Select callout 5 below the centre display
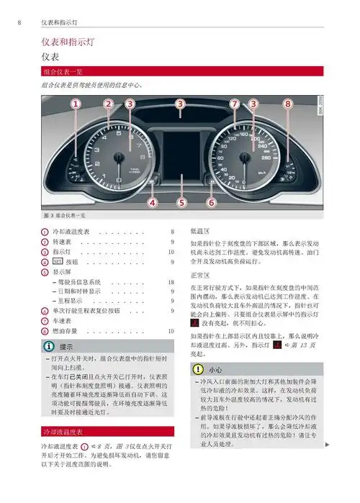(181, 203)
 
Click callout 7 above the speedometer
(235, 104)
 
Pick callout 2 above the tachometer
(108, 104)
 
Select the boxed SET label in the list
(58, 263)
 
